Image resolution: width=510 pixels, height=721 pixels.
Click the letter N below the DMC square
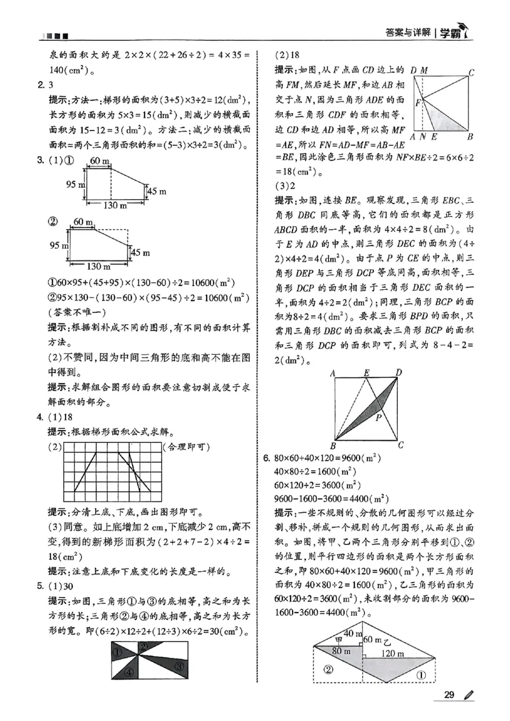[x=423, y=137]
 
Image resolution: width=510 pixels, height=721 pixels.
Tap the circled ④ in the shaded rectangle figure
[x=128, y=672]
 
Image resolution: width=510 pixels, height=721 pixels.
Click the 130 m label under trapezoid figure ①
[x=105, y=205]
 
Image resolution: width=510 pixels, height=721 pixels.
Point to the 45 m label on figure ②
[x=139, y=253]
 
